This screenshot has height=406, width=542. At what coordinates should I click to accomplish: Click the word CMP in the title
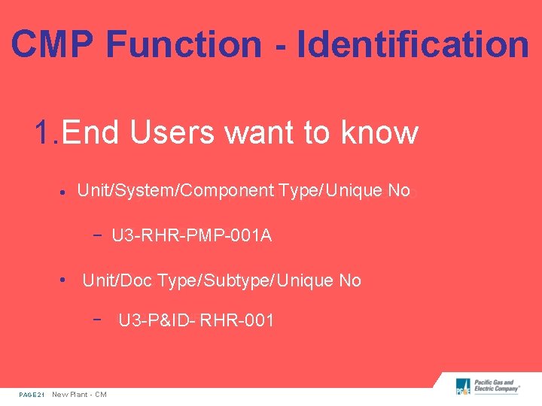coord(52,44)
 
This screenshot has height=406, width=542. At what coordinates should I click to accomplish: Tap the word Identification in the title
coord(413,44)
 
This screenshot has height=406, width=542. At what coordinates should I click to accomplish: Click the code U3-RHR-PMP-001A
coord(192,236)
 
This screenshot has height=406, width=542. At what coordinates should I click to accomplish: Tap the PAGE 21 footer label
coord(32,395)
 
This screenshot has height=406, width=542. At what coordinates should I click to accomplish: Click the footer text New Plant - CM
coord(79,395)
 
